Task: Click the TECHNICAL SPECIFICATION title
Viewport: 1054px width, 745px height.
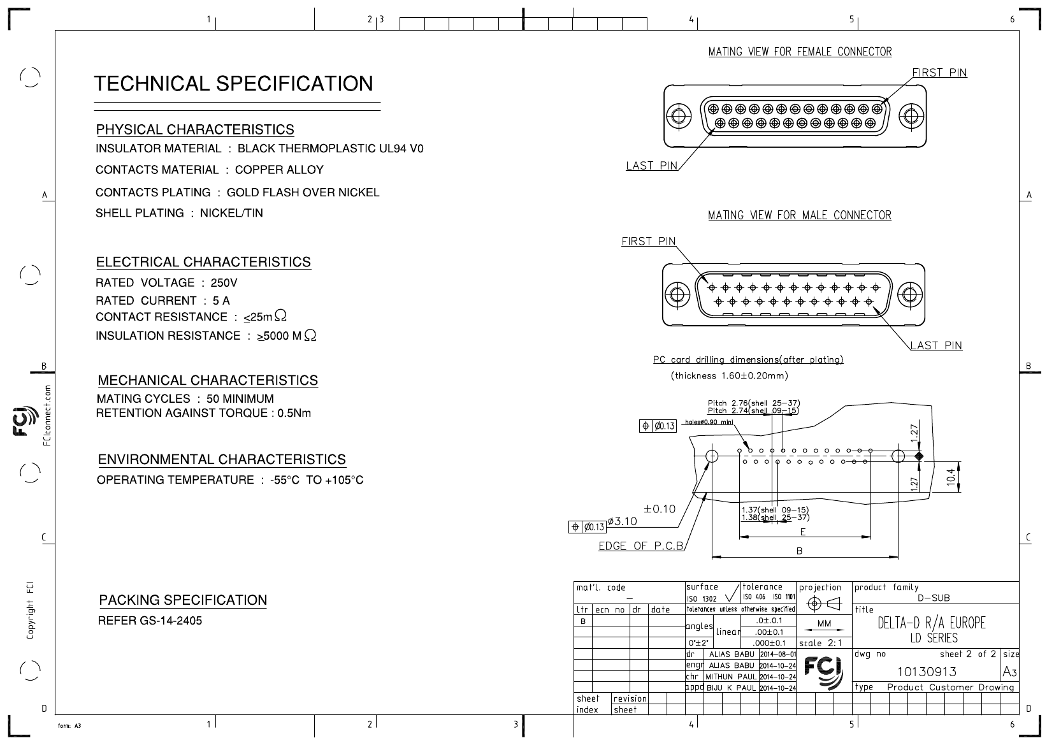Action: [233, 83]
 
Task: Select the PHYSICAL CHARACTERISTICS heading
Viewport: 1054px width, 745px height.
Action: [195, 129]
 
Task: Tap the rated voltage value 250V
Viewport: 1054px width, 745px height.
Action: [224, 283]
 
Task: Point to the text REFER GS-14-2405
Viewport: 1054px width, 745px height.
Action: [150, 621]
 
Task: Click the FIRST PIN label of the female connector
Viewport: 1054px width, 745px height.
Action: [939, 73]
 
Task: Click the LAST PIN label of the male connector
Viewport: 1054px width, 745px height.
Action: [936, 345]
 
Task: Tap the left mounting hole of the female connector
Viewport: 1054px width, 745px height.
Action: [679, 116]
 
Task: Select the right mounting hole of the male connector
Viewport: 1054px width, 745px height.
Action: [909, 294]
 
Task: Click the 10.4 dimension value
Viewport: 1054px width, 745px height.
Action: [951, 477]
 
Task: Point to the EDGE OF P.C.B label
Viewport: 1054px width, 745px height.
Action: [640, 546]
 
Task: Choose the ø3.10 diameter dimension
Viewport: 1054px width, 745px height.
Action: [622, 521]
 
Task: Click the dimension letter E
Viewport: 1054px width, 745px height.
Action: [803, 532]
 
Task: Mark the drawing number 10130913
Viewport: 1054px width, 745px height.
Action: [927, 672]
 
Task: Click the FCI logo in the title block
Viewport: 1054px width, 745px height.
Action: [823, 672]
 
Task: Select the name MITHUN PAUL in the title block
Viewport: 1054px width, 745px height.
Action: [731, 677]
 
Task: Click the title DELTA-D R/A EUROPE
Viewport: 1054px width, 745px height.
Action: [931, 623]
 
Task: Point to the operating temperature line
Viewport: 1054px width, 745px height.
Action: [230, 480]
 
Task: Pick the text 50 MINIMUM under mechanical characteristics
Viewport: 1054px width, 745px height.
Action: [240, 398]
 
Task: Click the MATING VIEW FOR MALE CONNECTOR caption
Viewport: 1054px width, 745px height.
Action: [800, 215]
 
